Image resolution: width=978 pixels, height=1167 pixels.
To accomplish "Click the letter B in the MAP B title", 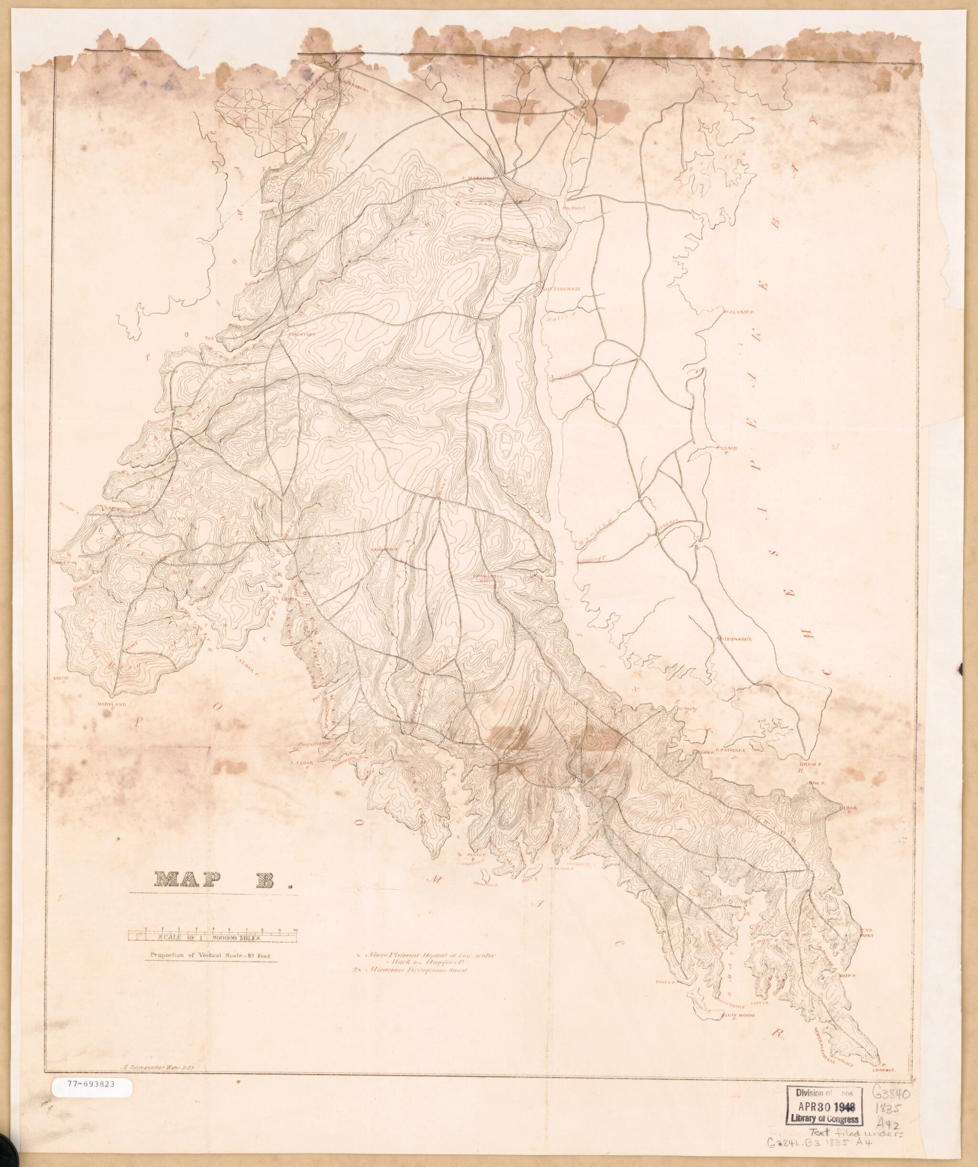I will [x=273, y=878].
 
